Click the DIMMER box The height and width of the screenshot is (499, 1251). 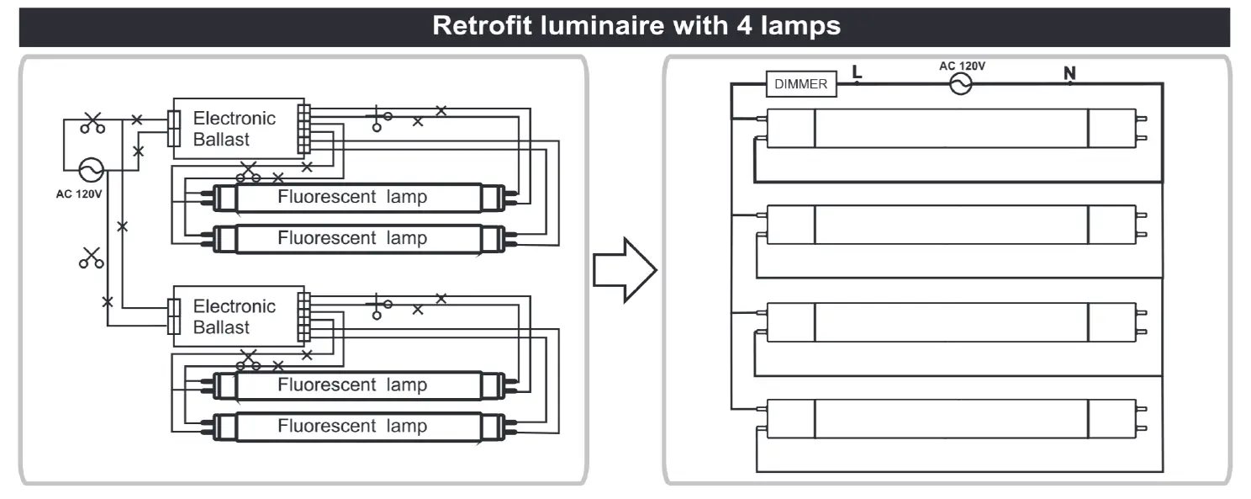tap(801, 84)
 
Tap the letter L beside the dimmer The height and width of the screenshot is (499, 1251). tap(858, 72)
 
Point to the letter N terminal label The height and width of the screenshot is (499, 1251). tap(1069, 73)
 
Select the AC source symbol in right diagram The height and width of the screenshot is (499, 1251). tap(961, 84)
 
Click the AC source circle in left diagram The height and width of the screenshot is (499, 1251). tap(91, 170)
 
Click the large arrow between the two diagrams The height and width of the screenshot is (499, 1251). tap(625, 270)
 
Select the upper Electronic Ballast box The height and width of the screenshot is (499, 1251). tap(239, 129)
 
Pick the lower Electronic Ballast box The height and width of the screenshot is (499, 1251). tap(239, 316)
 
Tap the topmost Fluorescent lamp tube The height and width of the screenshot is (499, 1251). tap(359, 197)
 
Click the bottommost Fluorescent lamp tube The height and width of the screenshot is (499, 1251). tap(359, 427)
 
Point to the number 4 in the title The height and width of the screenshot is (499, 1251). tap(744, 26)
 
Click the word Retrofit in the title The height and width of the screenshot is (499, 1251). tap(482, 26)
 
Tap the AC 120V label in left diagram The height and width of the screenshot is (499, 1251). tap(79, 194)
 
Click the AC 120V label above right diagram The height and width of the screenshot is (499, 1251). tap(962, 66)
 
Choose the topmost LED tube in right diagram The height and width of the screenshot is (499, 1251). tap(951, 129)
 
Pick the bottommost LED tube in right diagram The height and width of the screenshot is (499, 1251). tap(951, 418)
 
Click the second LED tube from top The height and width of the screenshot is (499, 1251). tap(951, 225)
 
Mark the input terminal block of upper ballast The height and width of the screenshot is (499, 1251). tap(174, 129)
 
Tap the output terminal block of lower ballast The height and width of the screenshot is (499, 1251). tap(304, 317)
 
